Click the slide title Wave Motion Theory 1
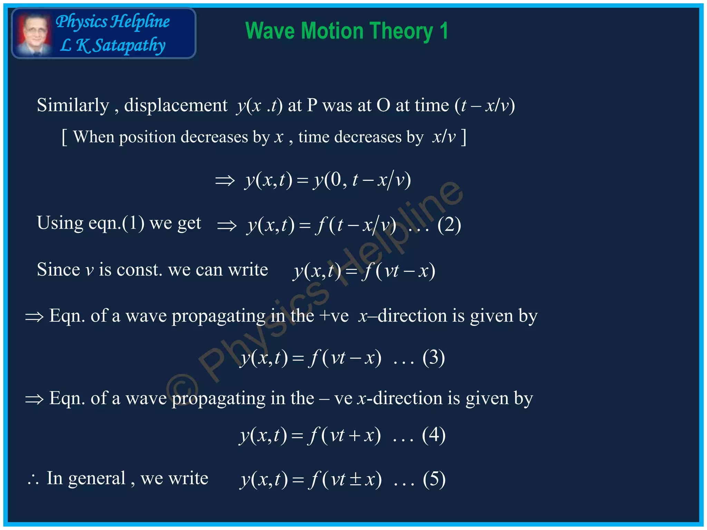tap(347, 31)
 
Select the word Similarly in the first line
tap(73, 105)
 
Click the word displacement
tap(176, 105)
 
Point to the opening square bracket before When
tap(64, 137)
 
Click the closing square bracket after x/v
tap(464, 137)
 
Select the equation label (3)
tap(434, 357)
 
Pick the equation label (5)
tap(434, 479)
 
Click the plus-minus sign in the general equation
tap(356, 480)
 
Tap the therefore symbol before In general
tap(33, 480)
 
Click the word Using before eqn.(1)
tap(60, 223)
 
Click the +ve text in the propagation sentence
tap(334, 316)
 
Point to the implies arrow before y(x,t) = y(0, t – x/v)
tap(225, 180)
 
